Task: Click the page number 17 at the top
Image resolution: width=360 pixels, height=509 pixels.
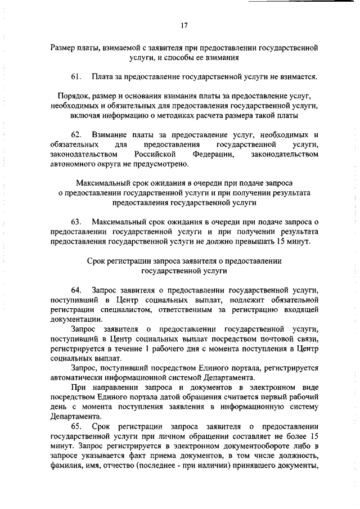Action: click(183, 25)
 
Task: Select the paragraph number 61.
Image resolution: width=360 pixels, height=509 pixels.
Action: click(77, 75)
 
